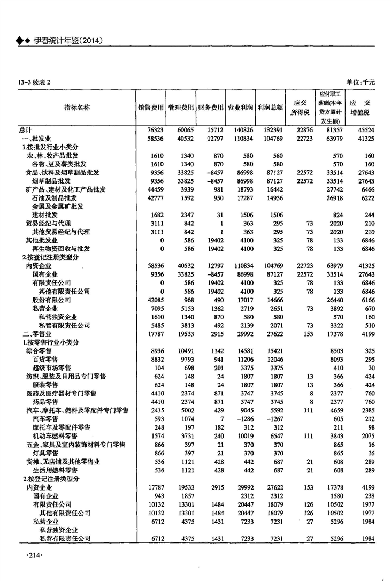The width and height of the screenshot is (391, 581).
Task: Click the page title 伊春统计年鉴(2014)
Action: [x=67, y=41]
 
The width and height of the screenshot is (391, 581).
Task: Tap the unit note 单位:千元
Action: [x=361, y=82]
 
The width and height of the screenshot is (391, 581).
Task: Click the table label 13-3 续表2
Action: [x=33, y=82]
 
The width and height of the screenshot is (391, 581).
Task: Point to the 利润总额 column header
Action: [x=270, y=107]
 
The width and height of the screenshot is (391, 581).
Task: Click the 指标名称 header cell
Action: [x=77, y=107]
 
